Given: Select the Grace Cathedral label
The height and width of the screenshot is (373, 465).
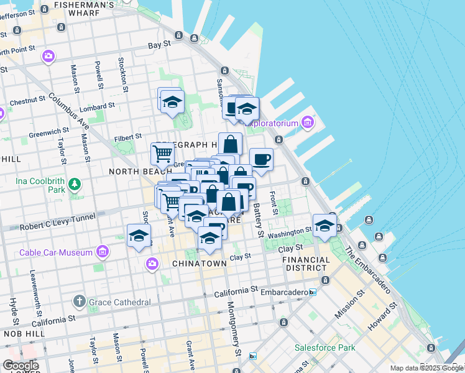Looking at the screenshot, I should click(x=119, y=302).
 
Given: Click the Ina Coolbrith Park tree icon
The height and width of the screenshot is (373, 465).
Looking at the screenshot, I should click(x=75, y=184).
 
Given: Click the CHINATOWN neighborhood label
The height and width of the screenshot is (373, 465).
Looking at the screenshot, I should click(x=199, y=264).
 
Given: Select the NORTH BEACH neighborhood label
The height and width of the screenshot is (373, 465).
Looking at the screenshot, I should click(x=131, y=171).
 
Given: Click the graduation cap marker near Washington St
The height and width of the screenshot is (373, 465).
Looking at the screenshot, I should click(x=324, y=225).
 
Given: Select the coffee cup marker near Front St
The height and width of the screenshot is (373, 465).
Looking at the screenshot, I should click(x=261, y=159).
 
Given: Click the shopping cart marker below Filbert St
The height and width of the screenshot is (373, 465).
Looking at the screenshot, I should click(x=162, y=152).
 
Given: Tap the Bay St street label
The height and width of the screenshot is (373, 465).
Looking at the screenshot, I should click(x=159, y=45).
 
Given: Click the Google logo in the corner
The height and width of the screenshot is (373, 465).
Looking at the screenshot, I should click(x=21, y=365).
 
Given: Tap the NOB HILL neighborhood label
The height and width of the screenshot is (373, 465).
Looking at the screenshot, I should click(x=17, y=334).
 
